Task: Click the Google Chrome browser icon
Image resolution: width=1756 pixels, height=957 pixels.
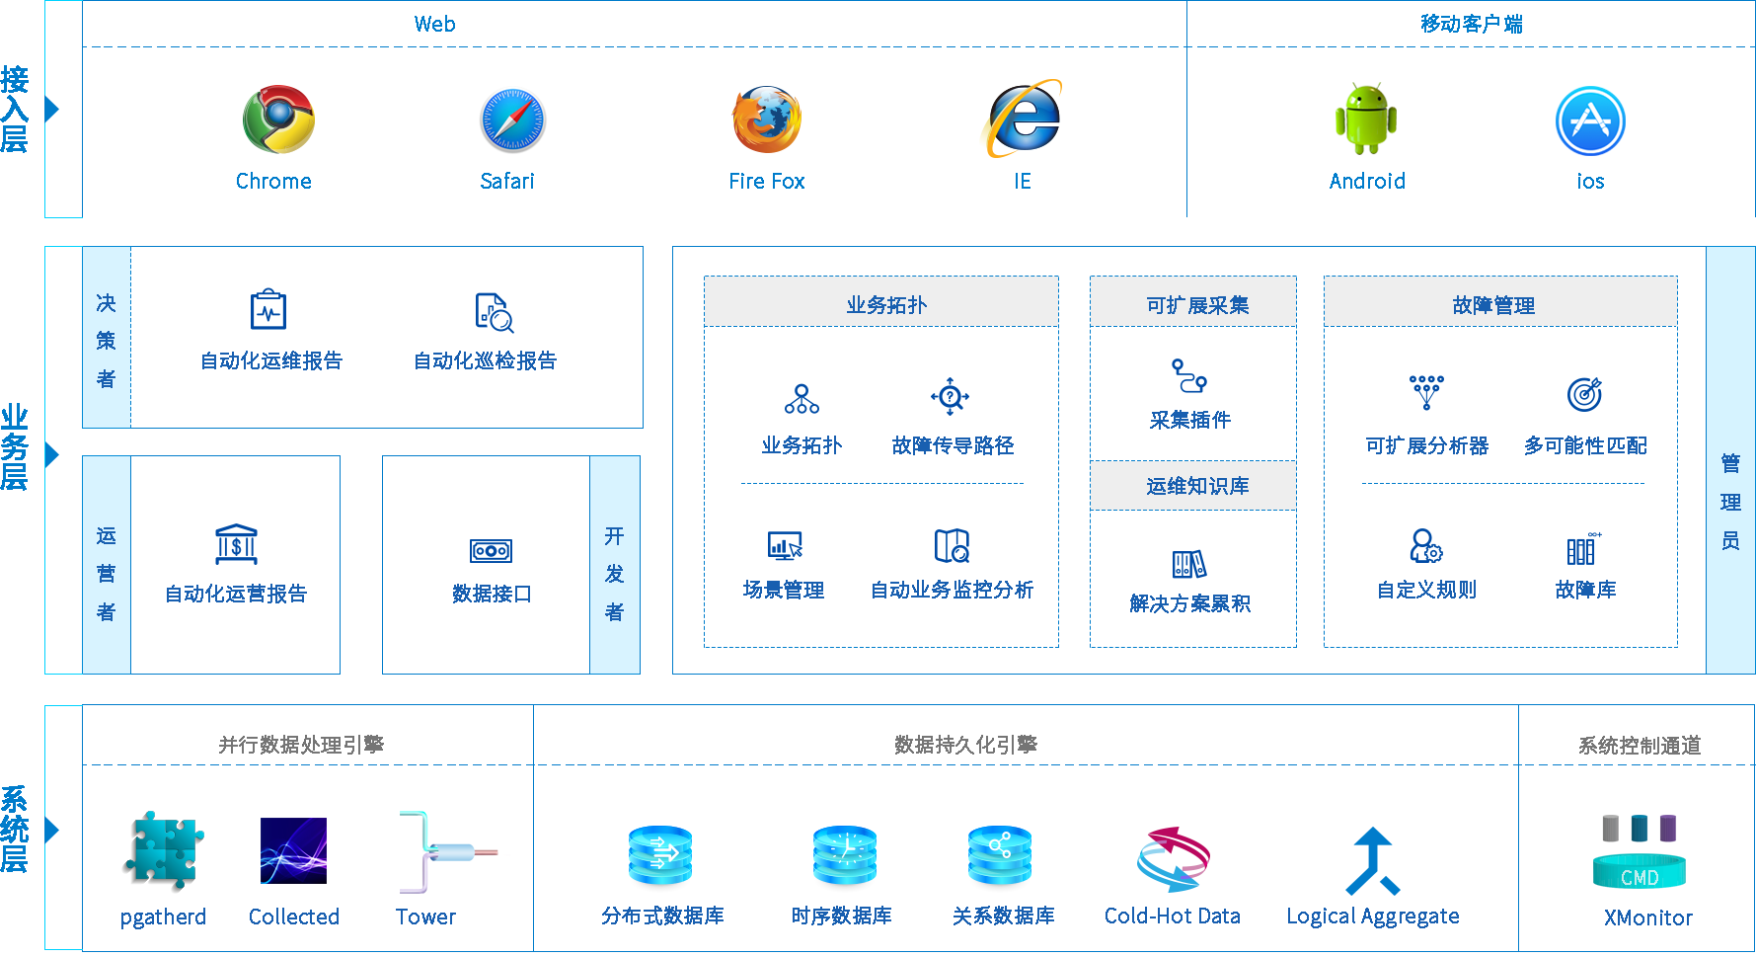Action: pos(279,120)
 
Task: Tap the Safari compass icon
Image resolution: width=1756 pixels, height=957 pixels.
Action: pos(513,120)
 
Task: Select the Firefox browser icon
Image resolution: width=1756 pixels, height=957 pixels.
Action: pos(766,120)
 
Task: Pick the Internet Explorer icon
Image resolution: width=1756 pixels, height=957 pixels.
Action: pos(1021,119)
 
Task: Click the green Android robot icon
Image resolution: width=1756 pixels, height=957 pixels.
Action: pos(1366,119)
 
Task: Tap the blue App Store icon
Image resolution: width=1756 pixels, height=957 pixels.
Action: pos(1590,120)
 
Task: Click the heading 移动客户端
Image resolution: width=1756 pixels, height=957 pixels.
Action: pos(1471,24)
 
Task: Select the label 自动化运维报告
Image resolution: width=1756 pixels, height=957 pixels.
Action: pos(271,360)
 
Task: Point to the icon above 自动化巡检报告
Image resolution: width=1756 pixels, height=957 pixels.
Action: pos(494,312)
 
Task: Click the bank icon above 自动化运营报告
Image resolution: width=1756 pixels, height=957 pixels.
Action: pos(237,544)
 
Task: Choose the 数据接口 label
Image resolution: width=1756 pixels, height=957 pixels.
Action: pos(492,594)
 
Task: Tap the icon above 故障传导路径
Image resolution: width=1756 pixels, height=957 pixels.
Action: pos(950,397)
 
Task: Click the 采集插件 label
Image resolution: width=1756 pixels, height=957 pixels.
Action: pos(1190,420)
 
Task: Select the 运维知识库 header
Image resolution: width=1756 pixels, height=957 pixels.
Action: pos(1197,486)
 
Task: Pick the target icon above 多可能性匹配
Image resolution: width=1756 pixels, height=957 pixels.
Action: pos(1585,394)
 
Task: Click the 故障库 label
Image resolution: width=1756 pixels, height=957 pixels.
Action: pos(1585,590)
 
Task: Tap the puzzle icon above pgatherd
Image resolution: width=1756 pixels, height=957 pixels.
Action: pos(164,850)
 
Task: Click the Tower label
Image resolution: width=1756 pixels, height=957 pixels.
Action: pos(425,917)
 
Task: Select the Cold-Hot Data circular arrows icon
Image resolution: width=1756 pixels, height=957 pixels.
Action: pos(1173,857)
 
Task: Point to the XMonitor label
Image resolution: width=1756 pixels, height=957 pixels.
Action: pos(1647,917)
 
